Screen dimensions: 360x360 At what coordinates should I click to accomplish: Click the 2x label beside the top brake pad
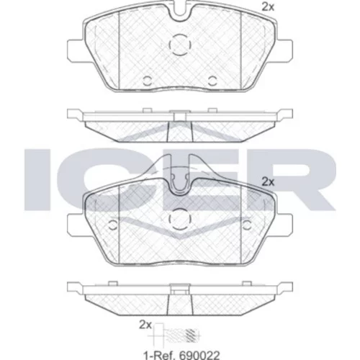[x=268, y=7]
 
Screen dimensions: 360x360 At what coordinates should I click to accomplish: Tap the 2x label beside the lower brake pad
[x=268, y=182]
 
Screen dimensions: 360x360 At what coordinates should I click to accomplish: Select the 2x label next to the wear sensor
[x=145, y=325]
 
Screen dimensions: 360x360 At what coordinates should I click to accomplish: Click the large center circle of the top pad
[x=180, y=45]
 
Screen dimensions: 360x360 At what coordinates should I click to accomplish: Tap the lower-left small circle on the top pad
[x=148, y=81]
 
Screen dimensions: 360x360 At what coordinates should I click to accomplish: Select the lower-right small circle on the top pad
[x=212, y=81]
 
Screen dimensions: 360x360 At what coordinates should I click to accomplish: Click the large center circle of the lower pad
[x=180, y=219]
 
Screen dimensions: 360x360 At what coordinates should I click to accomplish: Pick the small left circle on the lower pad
[x=113, y=225]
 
